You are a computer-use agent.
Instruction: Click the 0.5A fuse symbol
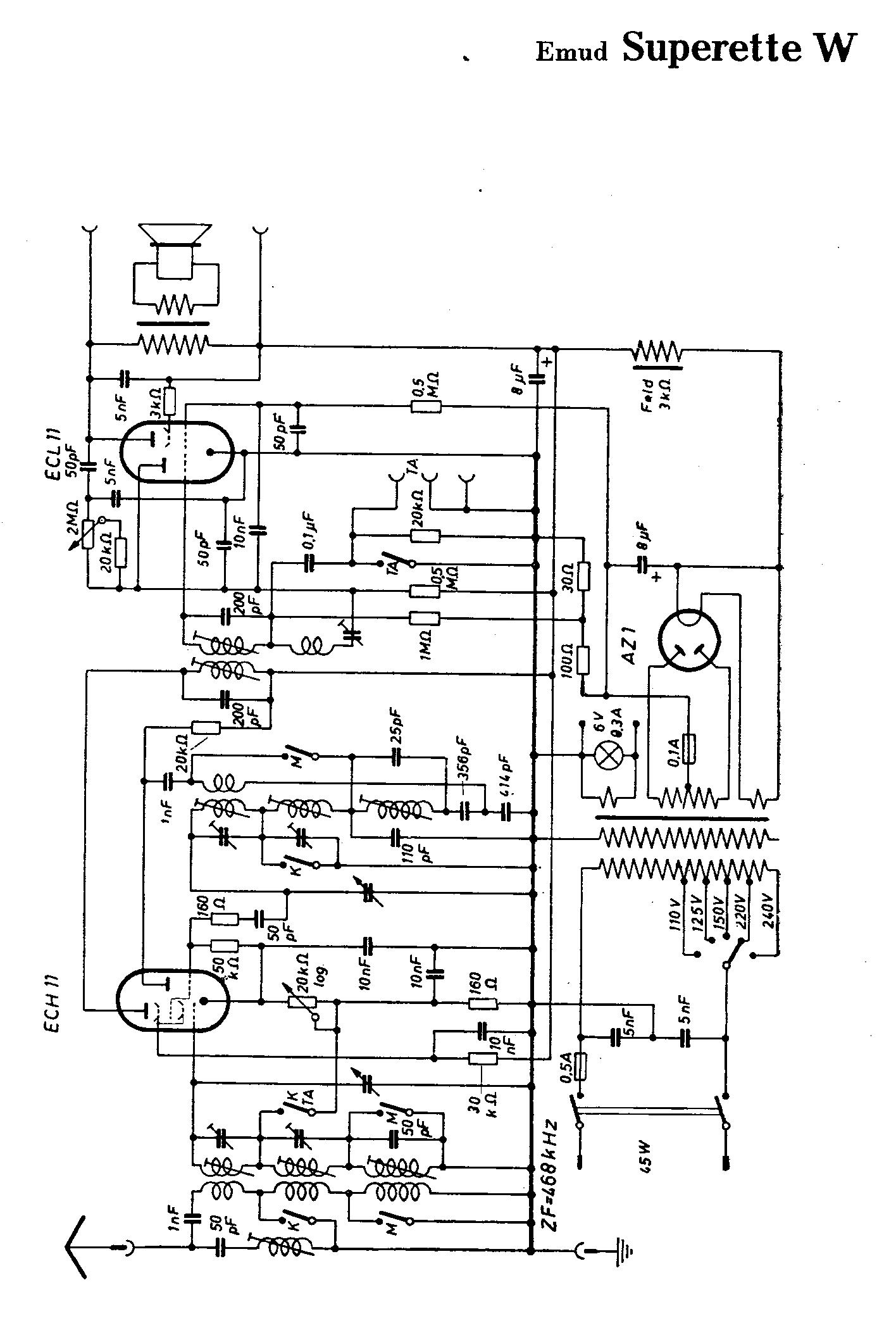pos(581,1066)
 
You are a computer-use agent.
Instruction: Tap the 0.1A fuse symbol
pos(691,749)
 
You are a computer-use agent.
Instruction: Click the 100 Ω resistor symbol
pos(584,660)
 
